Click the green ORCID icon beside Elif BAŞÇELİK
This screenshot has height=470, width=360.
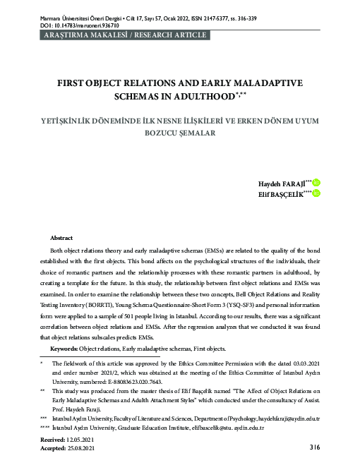pos(317,193)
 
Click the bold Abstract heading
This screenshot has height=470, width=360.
pos(61,239)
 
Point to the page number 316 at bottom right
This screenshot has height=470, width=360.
pos(314,447)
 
